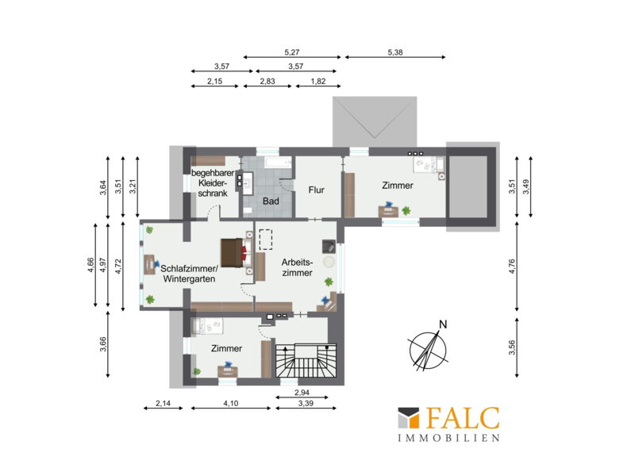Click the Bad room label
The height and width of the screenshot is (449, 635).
(271, 201)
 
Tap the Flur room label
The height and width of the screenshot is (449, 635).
(316, 190)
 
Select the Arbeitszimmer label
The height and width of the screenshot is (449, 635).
(297, 267)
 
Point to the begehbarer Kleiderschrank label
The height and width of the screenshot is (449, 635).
(213, 183)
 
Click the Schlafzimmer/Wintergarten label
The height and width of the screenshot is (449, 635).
(190, 274)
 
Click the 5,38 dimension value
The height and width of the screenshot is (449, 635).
(394, 52)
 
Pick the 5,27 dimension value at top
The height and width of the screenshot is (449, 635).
(292, 52)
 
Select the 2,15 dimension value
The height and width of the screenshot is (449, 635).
(214, 81)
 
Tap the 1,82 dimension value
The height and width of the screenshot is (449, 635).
(318, 81)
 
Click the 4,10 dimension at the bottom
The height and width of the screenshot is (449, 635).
(230, 403)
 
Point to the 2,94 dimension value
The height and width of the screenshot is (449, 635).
(302, 393)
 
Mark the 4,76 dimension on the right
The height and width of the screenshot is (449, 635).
(512, 267)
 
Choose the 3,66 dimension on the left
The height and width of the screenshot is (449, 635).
(103, 344)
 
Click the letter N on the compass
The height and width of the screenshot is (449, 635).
(443, 324)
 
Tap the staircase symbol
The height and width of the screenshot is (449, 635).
(306, 360)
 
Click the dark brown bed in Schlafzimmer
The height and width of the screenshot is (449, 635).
(232, 253)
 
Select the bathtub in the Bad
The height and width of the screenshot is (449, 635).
(279, 163)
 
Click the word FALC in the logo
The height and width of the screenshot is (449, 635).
(463, 418)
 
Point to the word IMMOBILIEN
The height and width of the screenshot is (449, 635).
(448, 438)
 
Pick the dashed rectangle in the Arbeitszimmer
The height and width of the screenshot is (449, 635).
(266, 240)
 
